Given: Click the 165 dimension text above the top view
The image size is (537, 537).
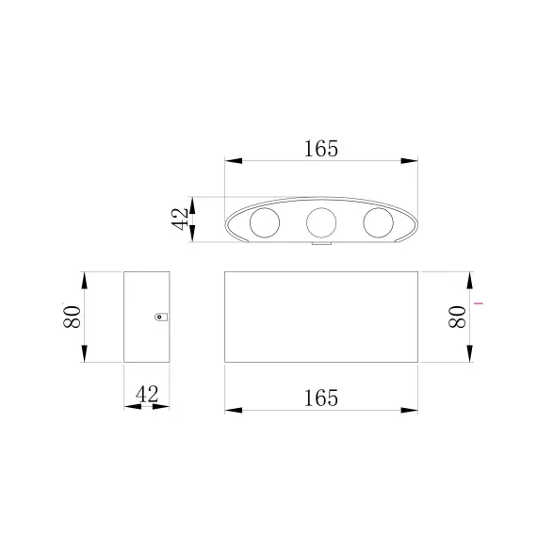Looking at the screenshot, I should (x=320, y=149).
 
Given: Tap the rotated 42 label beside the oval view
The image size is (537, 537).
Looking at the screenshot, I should (x=179, y=220).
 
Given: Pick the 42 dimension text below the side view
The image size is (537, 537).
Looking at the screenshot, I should (x=146, y=394).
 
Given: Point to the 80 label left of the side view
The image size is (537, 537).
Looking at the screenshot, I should (x=70, y=317).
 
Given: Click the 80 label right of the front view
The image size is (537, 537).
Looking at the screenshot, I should (x=457, y=317).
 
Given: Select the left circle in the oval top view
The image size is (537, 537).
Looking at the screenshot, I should (x=263, y=223).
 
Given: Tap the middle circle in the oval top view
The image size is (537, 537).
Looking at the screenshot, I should (x=321, y=222).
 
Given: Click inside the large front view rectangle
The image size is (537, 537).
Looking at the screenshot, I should (x=321, y=317).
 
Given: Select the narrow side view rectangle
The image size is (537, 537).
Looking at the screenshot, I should (x=146, y=317).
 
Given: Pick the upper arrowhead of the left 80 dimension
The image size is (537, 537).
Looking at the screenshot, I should (x=85, y=279).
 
